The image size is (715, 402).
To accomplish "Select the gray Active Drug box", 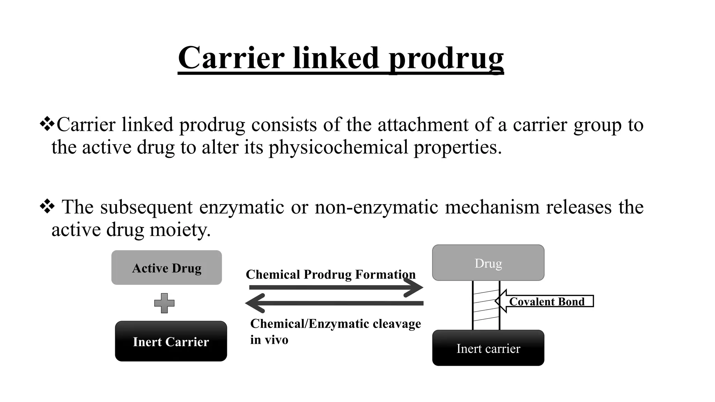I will click(x=167, y=268).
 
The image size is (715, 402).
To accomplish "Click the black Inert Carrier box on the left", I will click(x=171, y=341).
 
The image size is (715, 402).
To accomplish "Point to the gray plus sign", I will click(x=164, y=303).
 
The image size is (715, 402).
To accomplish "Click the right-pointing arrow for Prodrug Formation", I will click(x=335, y=288).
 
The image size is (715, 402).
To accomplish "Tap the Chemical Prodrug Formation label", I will click(x=331, y=274).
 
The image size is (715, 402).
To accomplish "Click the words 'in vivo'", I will click(x=269, y=340).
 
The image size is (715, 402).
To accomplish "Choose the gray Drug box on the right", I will click(x=488, y=263).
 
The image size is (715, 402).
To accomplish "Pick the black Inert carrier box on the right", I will click(x=488, y=348).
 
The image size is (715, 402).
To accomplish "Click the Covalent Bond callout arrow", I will click(x=545, y=301).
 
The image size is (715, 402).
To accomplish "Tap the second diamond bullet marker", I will click(x=47, y=207).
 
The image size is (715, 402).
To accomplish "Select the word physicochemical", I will click(x=338, y=147).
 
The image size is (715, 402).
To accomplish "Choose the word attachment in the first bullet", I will click(x=423, y=125).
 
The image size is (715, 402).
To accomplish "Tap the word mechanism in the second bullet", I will click(x=492, y=207).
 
